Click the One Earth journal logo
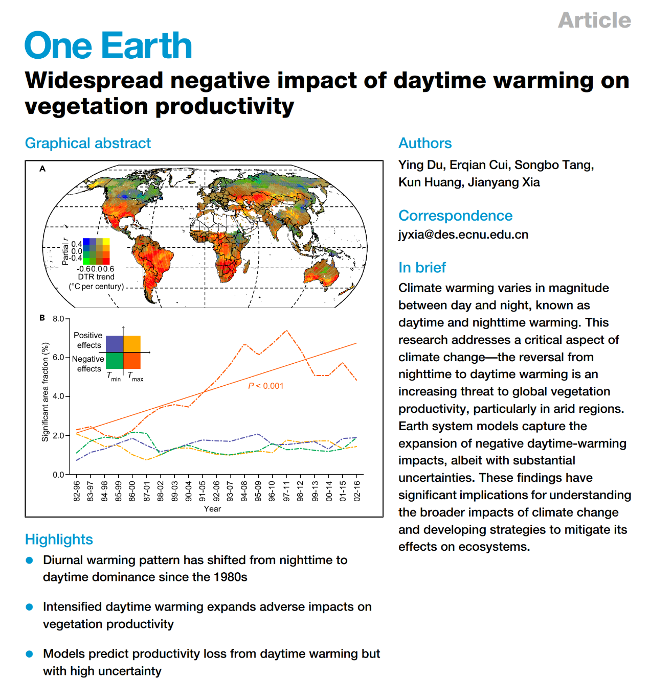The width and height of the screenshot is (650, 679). click(x=108, y=45)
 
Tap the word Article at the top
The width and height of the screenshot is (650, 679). click(x=594, y=20)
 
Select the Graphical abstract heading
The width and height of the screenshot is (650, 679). click(x=87, y=143)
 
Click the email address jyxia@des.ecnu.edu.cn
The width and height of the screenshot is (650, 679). click(x=463, y=235)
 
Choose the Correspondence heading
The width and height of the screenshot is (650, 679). click(x=455, y=216)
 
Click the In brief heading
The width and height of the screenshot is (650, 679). click(x=422, y=267)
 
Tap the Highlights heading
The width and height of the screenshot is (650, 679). click(x=59, y=540)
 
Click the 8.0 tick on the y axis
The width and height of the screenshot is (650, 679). click(x=58, y=319)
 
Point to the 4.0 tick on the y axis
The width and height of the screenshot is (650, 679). click(x=58, y=396)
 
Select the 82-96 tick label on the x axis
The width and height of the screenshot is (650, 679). click(x=77, y=490)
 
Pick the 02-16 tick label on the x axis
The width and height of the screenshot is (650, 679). click(x=357, y=490)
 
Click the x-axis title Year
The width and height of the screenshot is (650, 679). click(x=212, y=509)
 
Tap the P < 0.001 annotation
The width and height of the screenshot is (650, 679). click(x=265, y=386)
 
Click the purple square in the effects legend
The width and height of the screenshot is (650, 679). click(x=115, y=344)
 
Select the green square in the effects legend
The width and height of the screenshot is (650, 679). click(x=115, y=361)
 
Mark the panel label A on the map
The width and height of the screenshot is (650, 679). click(x=42, y=169)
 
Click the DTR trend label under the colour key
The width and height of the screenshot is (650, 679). click(x=96, y=277)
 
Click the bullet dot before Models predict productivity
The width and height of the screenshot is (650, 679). click(x=30, y=654)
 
